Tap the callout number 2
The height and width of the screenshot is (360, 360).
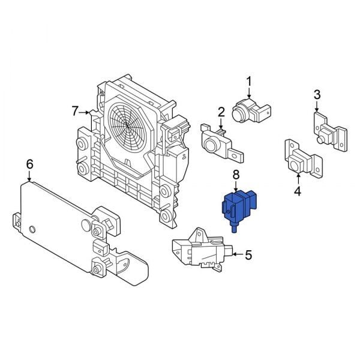point(221,112)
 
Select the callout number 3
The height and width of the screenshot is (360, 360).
point(317,94)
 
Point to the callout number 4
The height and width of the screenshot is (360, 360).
point(298,192)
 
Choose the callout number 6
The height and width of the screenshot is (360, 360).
point(29,164)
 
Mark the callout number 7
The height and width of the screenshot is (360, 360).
point(75,111)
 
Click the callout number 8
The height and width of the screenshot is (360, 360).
point(236,175)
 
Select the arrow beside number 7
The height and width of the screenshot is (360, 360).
point(88,112)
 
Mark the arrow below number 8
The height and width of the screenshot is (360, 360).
point(236,186)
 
